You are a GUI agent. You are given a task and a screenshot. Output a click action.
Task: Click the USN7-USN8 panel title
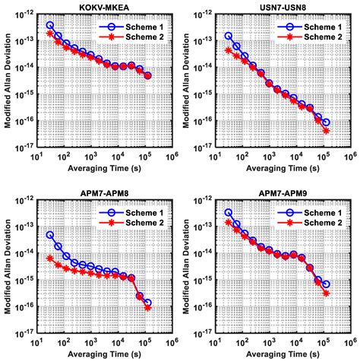(x=273, y=7)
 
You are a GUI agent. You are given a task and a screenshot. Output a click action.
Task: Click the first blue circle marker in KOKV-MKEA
(x=50, y=25)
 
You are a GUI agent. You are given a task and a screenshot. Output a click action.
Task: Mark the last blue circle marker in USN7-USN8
(x=326, y=122)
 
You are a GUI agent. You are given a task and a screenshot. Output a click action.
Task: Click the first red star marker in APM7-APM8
(x=50, y=259)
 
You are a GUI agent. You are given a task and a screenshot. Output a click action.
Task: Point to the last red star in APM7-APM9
(x=326, y=293)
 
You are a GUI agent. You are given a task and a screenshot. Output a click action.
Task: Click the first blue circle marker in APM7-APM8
(x=50, y=235)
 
